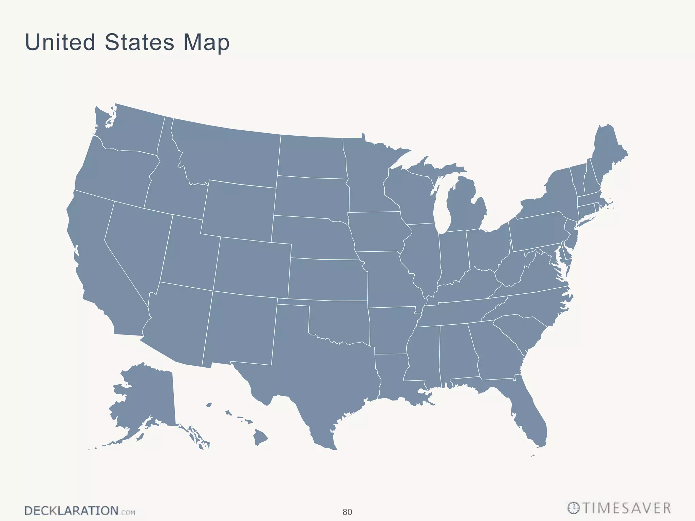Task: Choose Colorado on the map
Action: [x=253, y=266]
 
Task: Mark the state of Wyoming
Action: [x=239, y=209]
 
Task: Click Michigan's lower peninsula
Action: [x=465, y=207]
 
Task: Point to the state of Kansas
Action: [x=327, y=280]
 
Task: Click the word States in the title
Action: [x=139, y=42]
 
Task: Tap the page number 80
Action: [x=347, y=512]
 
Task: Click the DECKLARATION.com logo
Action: [x=79, y=511]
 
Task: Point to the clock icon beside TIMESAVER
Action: [x=573, y=508]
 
